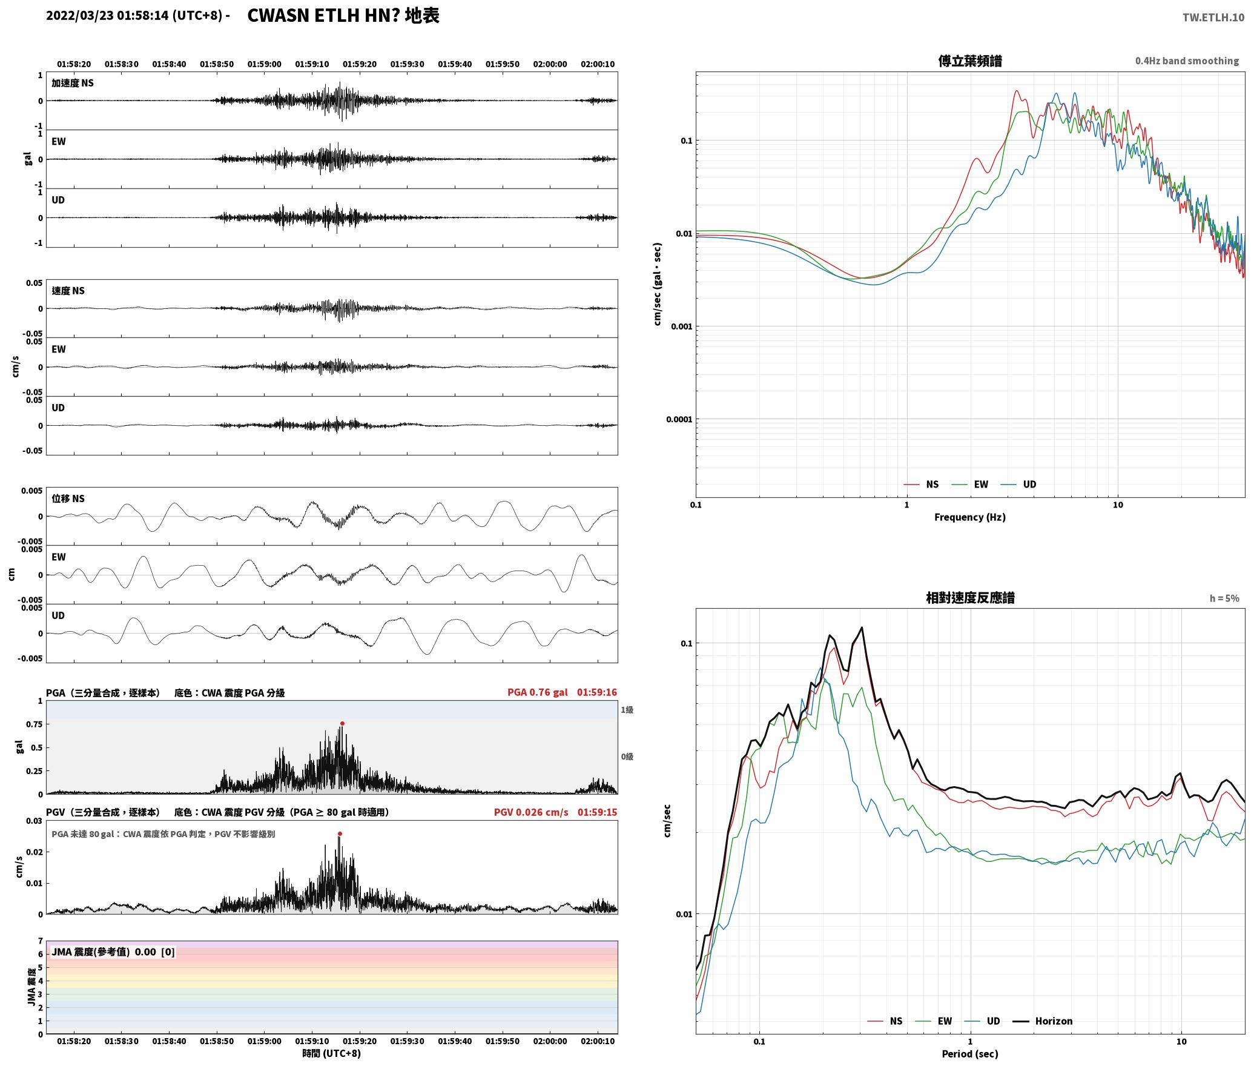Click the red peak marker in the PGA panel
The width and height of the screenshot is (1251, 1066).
pos(342,723)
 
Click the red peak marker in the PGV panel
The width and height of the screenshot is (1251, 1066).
pos(340,833)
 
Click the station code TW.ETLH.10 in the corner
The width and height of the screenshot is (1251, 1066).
pos(1213,17)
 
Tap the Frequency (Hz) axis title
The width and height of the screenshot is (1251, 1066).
pos(969,517)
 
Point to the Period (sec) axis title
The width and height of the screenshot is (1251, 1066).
pos(969,1053)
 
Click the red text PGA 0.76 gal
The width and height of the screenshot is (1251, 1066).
pos(537,692)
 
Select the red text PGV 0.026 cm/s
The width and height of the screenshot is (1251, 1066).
pos(531,812)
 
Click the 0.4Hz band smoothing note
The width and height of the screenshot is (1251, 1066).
pos(1187,61)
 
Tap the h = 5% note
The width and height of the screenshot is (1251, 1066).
pos(1224,598)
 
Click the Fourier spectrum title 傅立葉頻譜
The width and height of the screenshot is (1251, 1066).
pos(969,61)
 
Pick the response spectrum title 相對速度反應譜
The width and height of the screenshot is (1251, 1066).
pos(969,597)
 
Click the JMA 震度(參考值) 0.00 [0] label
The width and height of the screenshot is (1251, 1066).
pos(113,952)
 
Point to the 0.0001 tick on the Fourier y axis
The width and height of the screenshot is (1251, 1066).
pos(679,419)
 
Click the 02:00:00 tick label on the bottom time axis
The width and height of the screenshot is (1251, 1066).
pos(550,1041)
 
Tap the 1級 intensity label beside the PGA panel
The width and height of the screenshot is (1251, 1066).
pos(627,709)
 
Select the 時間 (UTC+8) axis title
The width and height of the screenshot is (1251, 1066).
pos(331,1053)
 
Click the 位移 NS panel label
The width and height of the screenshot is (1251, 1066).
pos(68,498)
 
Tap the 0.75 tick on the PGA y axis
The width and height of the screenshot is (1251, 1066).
pos(35,724)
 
